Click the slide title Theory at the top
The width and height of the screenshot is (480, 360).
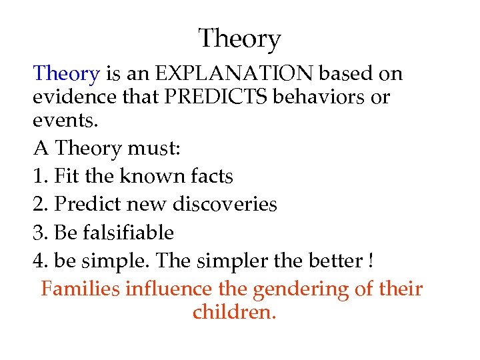click(x=239, y=39)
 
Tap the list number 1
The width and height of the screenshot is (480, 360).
click(x=37, y=176)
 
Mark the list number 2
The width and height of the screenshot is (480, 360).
click(x=39, y=204)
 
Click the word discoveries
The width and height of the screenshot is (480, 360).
click(x=225, y=204)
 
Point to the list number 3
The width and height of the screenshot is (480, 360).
click(x=39, y=233)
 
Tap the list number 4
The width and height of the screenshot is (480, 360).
click(x=39, y=261)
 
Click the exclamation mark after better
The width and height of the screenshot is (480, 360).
click(x=370, y=261)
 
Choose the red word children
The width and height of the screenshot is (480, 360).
click(x=233, y=311)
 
